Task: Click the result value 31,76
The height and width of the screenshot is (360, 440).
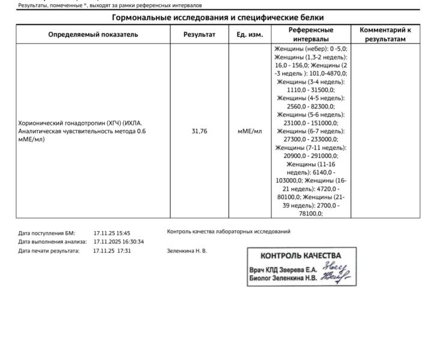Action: click(x=199, y=131)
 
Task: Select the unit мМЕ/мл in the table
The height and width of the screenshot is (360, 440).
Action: click(x=250, y=131)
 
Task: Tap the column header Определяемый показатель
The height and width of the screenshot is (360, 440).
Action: click(x=93, y=34)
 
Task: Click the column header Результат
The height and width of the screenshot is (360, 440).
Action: click(x=199, y=34)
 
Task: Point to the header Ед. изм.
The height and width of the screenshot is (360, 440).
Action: click(x=250, y=34)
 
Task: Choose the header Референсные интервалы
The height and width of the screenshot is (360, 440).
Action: click(x=310, y=34)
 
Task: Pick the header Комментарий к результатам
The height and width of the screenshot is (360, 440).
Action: click(x=385, y=34)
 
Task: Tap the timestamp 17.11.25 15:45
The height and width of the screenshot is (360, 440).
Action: click(x=112, y=233)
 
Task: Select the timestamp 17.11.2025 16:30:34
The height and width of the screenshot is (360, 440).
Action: click(x=119, y=242)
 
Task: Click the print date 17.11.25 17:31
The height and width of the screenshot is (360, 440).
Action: click(x=112, y=251)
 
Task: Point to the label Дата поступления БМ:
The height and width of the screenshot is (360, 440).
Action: click(x=47, y=233)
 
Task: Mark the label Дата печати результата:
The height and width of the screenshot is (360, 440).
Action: click(x=49, y=251)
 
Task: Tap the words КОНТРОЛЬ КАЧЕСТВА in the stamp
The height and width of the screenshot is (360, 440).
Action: click(x=300, y=256)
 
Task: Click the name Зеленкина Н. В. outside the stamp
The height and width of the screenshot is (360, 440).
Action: click(x=187, y=251)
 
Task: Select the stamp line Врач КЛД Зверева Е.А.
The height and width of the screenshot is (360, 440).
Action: click(x=283, y=269)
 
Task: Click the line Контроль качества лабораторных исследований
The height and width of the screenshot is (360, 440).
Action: click(x=229, y=231)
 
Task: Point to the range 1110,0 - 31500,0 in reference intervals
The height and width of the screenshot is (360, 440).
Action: click(x=310, y=89)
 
